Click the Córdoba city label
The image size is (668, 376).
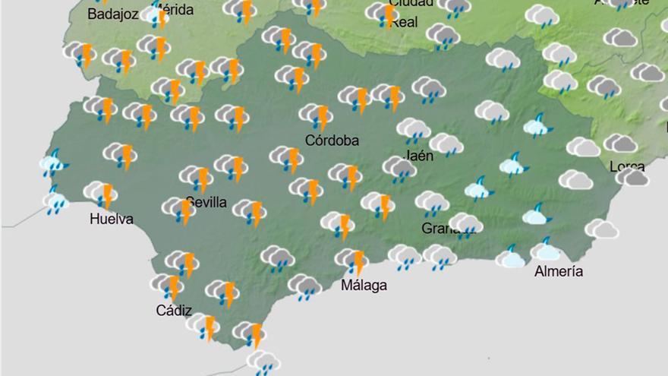(332, 140)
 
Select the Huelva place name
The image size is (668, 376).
(111, 220)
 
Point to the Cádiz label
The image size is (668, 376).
(174, 310)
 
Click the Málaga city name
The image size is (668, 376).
(364, 286)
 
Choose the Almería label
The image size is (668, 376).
(559, 271)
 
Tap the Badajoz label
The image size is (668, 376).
(112, 14)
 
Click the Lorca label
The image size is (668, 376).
(627, 166)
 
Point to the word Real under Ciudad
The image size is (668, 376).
(403, 23)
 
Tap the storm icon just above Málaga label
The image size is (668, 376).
(351, 261)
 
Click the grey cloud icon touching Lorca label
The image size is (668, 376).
(632, 177)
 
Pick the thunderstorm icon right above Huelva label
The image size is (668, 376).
(100, 193)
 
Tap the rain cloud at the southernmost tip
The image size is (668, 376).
(263, 362)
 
